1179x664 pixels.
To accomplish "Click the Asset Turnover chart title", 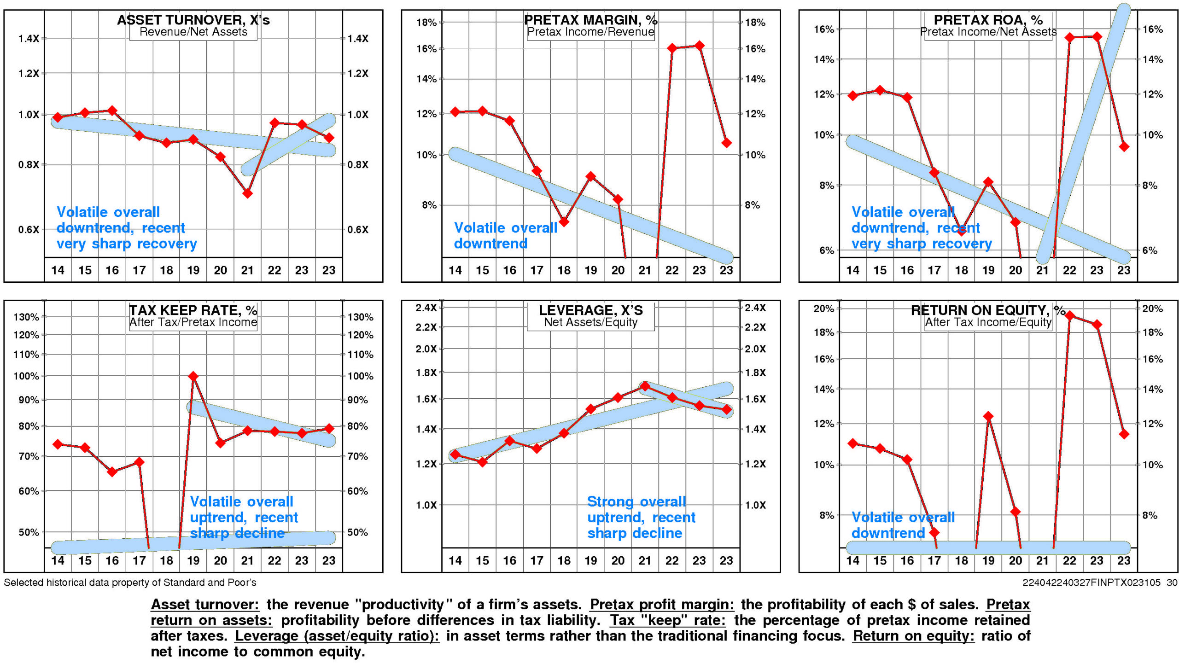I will tap(193, 20).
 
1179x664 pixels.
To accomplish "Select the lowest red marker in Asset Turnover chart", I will tap(247, 193).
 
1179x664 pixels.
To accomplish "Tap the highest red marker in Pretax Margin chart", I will tap(699, 46).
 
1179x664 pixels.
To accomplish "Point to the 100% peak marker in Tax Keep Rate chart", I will tap(193, 376).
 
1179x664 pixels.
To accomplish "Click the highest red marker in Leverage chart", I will tap(645, 386).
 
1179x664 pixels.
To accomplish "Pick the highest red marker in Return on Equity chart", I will tap(1069, 315).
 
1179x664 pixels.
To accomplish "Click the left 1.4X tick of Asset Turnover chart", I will tap(29, 39).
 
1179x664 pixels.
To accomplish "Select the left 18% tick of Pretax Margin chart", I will tap(426, 23).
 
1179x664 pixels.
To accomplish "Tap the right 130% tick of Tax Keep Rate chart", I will tap(360, 317).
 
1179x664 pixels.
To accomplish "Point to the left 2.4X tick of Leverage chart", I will tap(426, 308).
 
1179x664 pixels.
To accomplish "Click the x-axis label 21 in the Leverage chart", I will tap(645, 560).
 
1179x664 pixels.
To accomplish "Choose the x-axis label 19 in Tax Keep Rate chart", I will tap(193, 560).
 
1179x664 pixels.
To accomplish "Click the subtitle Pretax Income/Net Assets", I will tap(988, 32).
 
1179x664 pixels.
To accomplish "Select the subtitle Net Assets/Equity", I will tap(590, 322).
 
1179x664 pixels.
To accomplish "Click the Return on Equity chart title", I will tap(988, 310).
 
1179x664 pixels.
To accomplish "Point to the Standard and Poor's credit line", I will tap(130, 582).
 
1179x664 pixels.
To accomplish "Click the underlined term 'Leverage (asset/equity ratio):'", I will tap(337, 636).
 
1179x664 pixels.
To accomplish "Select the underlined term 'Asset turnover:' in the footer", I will tap(205, 604).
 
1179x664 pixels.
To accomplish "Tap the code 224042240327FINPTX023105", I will tap(1091, 582).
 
